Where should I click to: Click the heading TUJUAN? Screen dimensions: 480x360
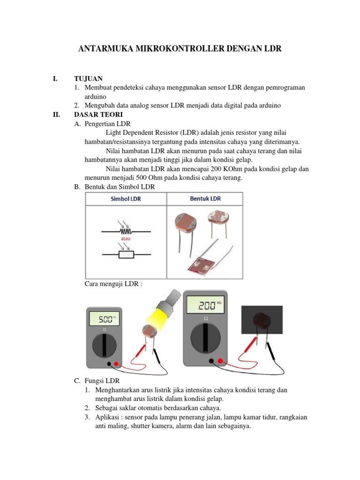[88, 78]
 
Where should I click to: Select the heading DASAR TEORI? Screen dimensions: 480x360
[98, 114]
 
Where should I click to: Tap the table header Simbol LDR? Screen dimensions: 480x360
[125, 199]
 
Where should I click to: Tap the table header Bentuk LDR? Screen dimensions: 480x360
[205, 199]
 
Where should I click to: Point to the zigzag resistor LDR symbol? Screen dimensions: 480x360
[125, 231]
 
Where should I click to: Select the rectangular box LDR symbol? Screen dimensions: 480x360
[125, 255]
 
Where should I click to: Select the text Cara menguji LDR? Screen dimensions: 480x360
[112, 284]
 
